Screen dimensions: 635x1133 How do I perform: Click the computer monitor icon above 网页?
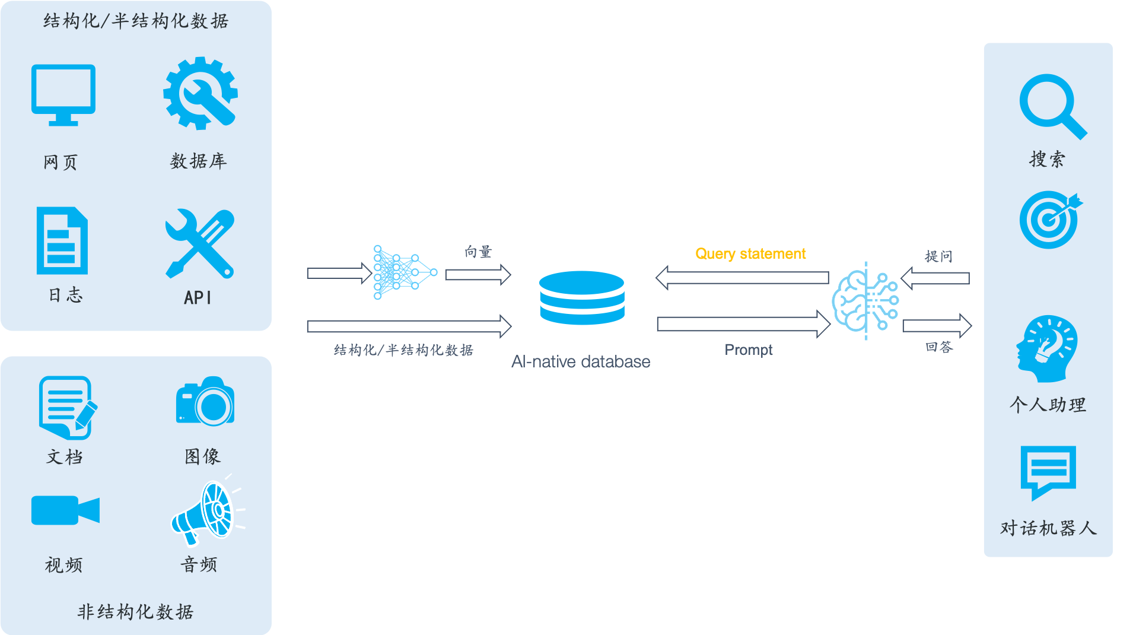pyautogui.click(x=63, y=94)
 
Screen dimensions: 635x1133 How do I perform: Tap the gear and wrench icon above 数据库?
pyautogui.click(x=200, y=93)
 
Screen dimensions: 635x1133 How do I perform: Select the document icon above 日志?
pyautogui.click(x=62, y=240)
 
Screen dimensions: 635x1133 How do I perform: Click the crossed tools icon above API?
pyautogui.click(x=200, y=243)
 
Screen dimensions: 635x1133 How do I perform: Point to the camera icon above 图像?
pyautogui.click(x=205, y=402)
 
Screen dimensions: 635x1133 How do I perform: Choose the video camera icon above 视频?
pyautogui.click(x=65, y=510)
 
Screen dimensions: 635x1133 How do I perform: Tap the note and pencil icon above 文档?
pyautogui.click(x=67, y=408)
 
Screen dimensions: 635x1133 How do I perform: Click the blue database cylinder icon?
pyautogui.click(x=581, y=298)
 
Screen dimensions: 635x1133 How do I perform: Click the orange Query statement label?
pyautogui.click(x=750, y=254)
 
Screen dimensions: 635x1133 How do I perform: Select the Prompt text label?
pyautogui.click(x=749, y=350)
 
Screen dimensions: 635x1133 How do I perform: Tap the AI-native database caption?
pyautogui.click(x=581, y=361)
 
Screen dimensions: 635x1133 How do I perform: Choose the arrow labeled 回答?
pyautogui.click(x=937, y=326)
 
